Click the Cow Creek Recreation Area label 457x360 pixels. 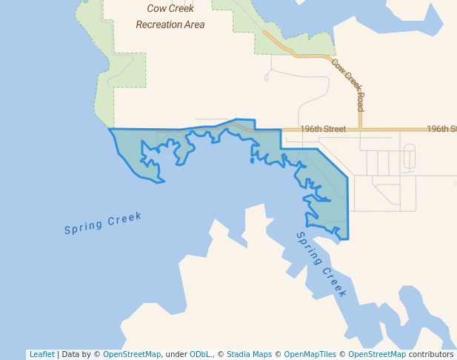tap(170, 16)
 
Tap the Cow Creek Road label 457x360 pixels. tap(348, 82)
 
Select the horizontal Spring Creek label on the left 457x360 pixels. tap(102, 223)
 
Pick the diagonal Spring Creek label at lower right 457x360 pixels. tap(321, 264)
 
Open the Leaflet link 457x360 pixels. tap(41, 354)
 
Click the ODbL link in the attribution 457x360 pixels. tap(199, 354)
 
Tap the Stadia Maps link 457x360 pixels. tap(249, 354)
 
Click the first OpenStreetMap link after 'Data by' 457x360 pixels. tap(132, 354)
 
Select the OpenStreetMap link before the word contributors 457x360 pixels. tap(377, 354)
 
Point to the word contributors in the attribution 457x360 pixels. tap(431, 354)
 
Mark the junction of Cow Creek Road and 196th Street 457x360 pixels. tap(361, 129)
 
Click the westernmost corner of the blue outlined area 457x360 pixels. tap(110, 130)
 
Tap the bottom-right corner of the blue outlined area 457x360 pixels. tap(347, 239)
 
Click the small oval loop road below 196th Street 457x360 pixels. tap(409, 157)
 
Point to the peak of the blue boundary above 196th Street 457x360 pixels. tap(237, 119)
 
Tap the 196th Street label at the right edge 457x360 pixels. tap(441, 129)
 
